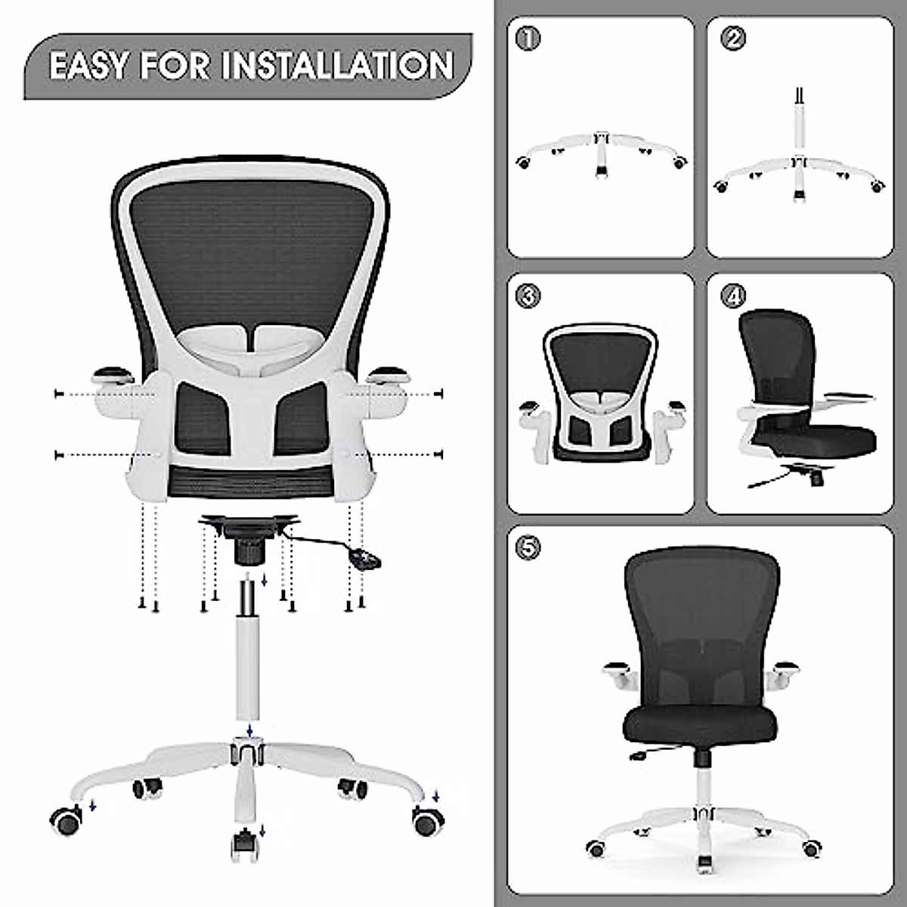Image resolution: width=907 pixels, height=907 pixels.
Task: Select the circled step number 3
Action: coord(528,296)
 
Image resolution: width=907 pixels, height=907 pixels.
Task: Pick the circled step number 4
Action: coord(732,296)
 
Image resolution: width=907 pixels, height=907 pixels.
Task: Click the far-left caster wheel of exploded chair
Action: coord(66,820)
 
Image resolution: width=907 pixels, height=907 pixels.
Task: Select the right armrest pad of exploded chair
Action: coord(386,373)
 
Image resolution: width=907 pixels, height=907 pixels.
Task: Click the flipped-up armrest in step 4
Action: coord(847,395)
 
